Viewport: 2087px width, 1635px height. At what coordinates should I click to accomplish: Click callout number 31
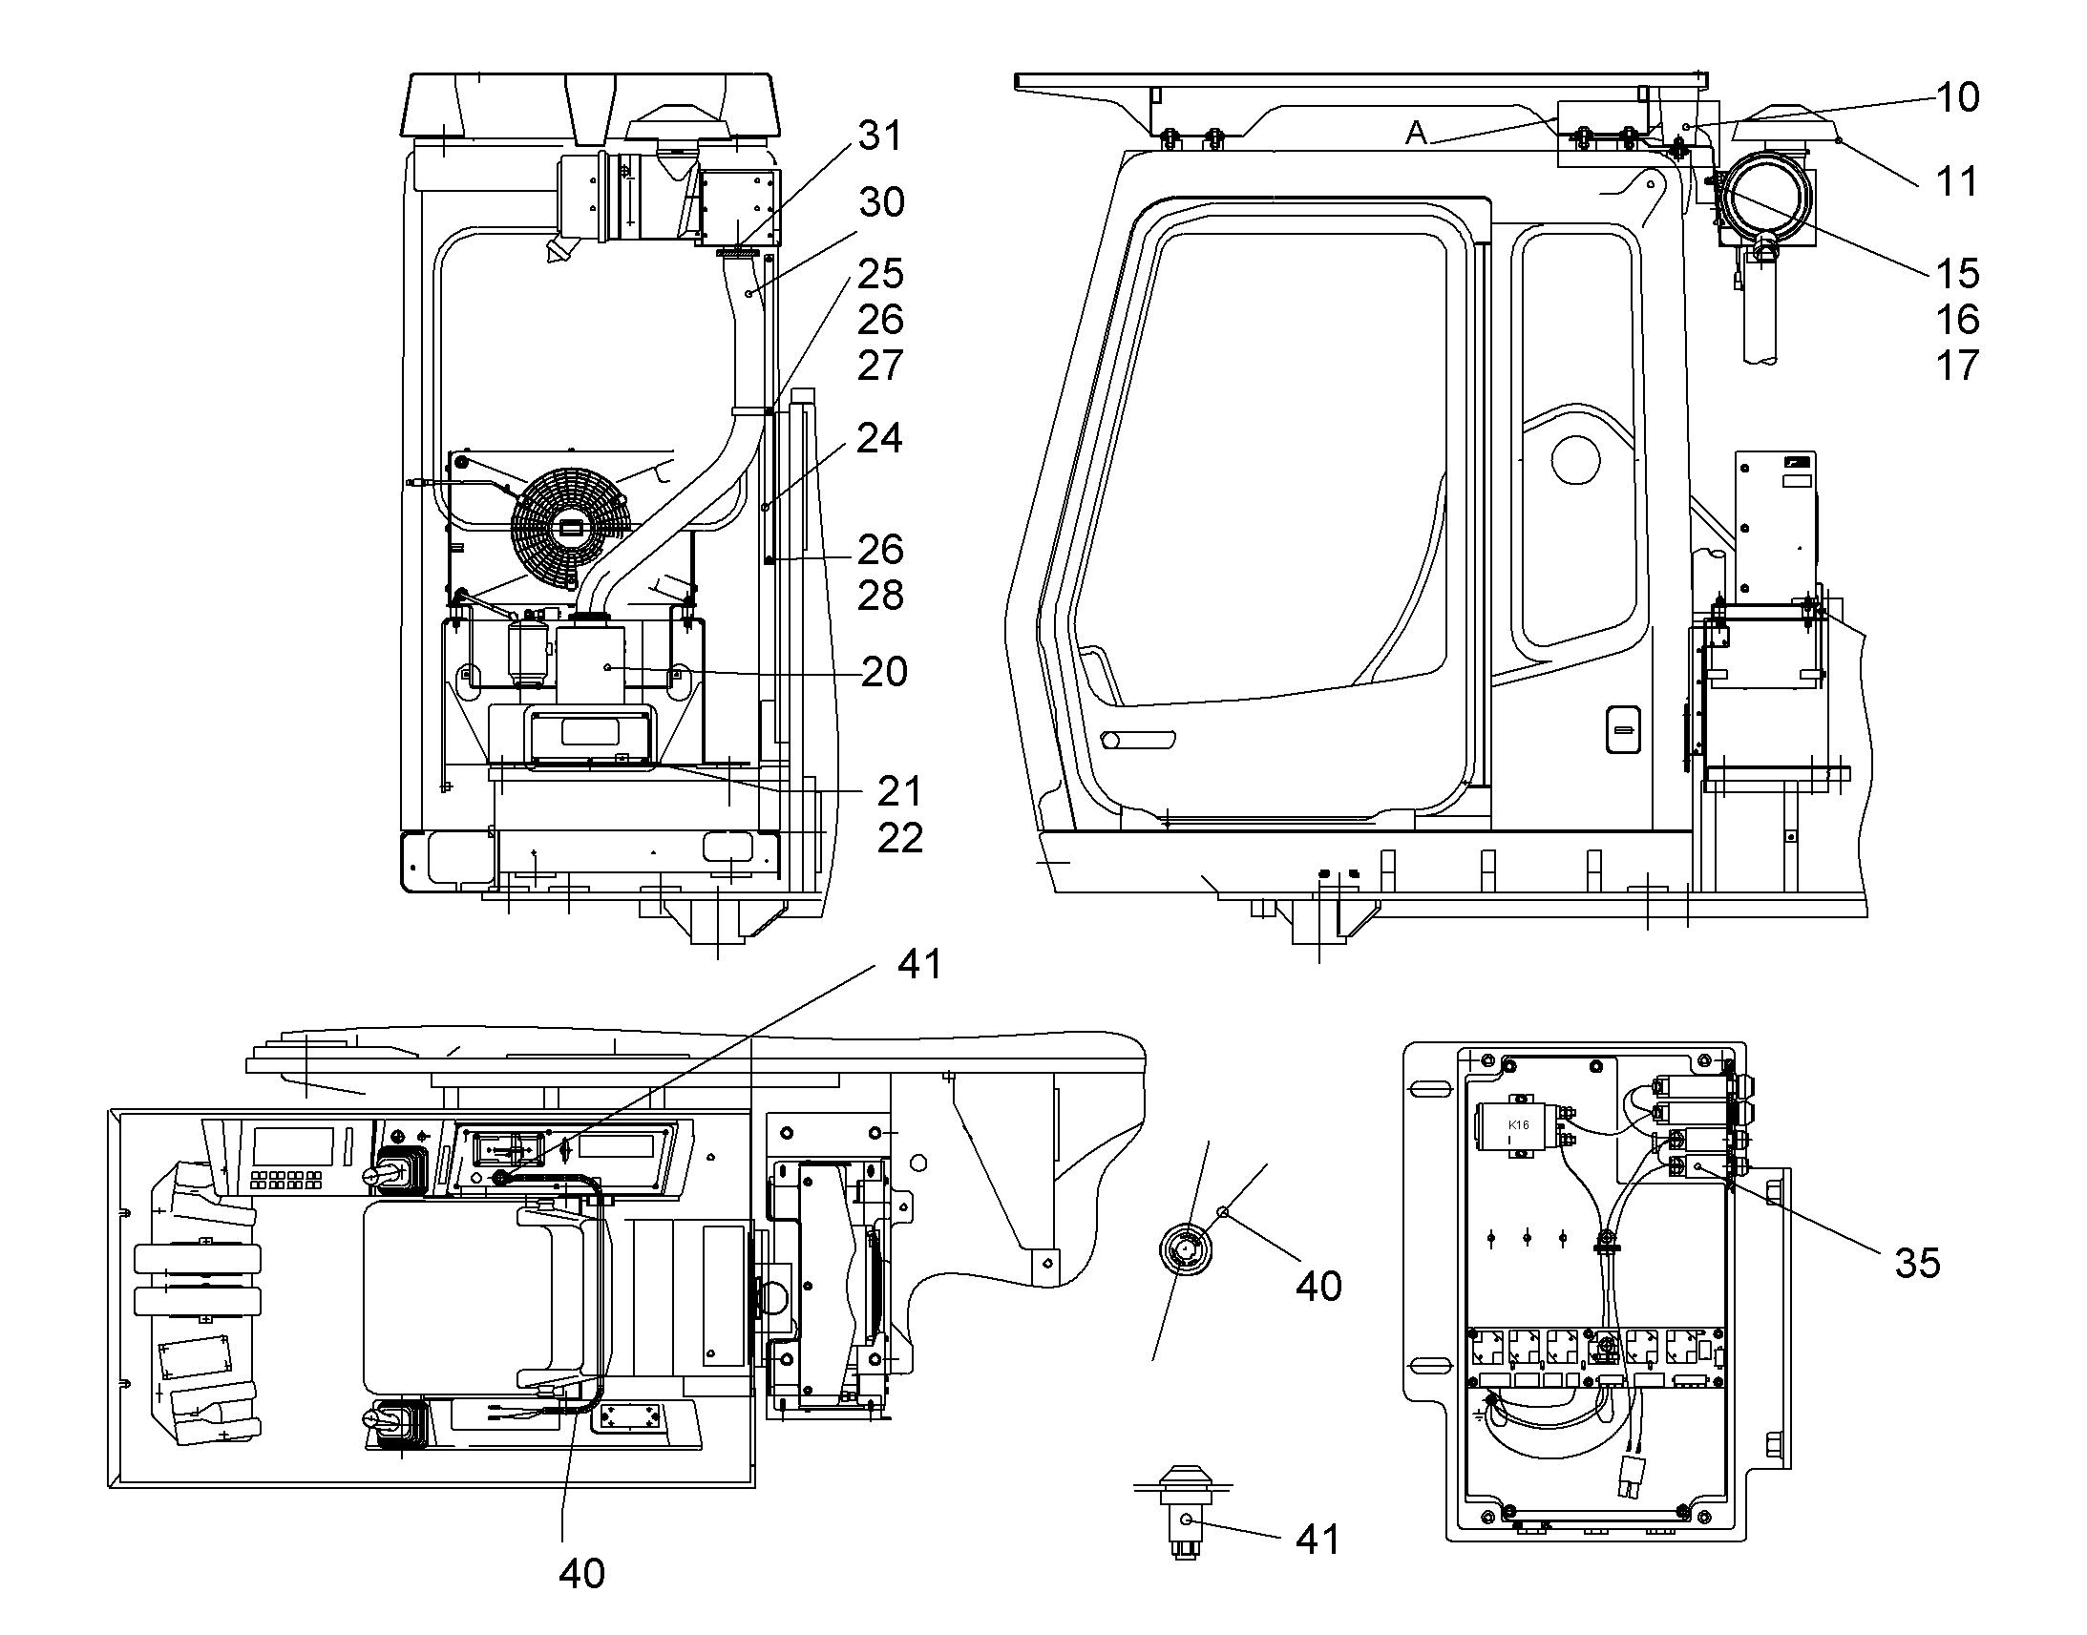[880, 136]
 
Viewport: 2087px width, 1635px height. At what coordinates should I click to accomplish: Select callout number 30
[882, 202]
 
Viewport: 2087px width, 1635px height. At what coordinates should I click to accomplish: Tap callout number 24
[880, 437]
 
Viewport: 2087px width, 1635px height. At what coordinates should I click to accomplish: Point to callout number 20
[884, 672]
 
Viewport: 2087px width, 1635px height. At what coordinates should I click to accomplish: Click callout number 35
[1918, 1264]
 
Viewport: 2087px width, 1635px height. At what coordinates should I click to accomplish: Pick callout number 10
[1958, 96]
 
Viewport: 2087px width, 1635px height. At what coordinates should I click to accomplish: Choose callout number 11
[1957, 181]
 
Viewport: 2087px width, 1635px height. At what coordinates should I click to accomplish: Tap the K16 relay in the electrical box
[1516, 1129]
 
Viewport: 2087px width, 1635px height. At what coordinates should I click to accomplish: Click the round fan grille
[572, 526]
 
